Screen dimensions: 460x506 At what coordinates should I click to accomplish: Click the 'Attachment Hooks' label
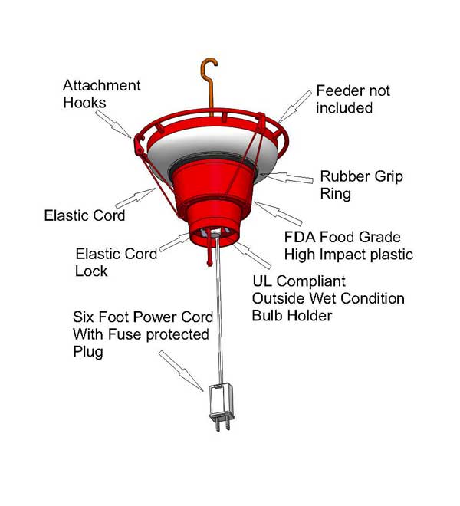coord(102,94)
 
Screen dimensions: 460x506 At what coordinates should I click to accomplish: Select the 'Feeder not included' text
coord(353,99)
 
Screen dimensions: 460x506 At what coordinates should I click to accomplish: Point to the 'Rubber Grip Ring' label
coord(362,185)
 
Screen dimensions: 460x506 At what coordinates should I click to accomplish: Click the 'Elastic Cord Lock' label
coord(117,262)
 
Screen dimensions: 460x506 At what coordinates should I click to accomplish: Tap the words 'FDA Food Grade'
coord(343,237)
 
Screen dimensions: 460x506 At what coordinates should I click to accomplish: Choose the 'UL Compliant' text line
coord(299,281)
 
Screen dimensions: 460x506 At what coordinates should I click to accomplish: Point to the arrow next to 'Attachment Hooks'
coord(113,123)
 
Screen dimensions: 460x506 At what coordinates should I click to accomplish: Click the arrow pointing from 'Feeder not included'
coord(294,106)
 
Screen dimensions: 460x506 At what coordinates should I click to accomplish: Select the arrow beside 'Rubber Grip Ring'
coord(287,177)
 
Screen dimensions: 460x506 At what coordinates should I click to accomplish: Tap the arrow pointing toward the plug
coord(181,371)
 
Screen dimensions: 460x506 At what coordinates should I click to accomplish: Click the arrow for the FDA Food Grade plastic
coord(278,213)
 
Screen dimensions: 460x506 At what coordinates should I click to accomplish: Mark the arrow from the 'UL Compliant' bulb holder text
coord(251,255)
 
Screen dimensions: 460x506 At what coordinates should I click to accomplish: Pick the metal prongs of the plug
coord(223,425)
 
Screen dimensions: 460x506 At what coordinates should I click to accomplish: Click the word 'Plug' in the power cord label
coord(88,352)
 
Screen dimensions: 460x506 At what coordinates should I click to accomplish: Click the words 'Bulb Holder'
coord(292,316)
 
